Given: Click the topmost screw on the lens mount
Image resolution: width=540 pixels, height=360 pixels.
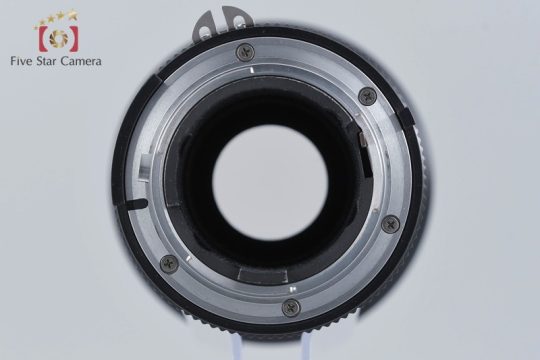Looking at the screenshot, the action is [x=246, y=53].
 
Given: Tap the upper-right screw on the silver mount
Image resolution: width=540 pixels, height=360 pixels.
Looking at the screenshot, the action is [x=368, y=96].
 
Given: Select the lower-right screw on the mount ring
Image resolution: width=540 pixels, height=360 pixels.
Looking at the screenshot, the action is [x=391, y=225].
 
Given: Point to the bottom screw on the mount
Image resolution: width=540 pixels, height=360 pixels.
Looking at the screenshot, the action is [x=291, y=307].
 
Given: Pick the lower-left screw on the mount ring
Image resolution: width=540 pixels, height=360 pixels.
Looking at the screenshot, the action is [x=170, y=264].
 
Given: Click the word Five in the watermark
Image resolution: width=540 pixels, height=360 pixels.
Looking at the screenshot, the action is [x=22, y=61].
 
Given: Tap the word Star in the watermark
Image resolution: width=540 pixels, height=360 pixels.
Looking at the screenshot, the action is [x=47, y=61].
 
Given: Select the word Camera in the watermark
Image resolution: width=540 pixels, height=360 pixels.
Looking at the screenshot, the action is [x=81, y=61].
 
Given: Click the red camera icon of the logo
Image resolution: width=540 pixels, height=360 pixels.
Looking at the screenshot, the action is [x=58, y=38].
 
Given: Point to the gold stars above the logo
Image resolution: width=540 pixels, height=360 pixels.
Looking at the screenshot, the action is [x=56, y=18].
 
